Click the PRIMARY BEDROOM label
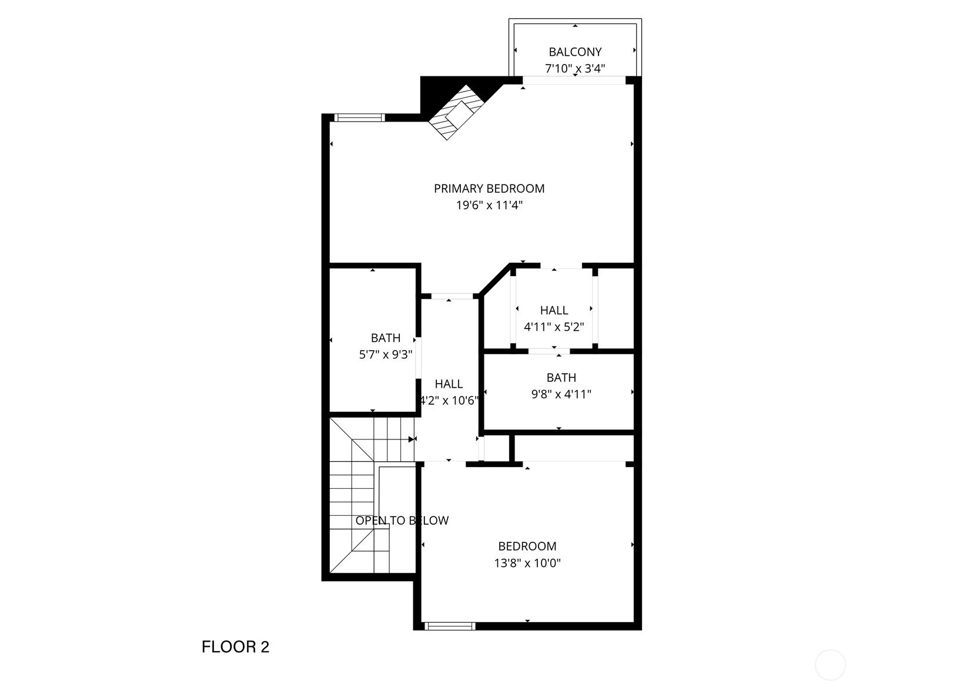[x=489, y=189]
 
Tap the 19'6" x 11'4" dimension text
[x=489, y=206]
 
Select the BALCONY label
[x=575, y=52]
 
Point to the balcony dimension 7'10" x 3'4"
[x=575, y=68]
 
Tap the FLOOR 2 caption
[x=235, y=647]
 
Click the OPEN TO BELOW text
[x=402, y=521]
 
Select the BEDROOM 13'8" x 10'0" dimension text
[x=527, y=563]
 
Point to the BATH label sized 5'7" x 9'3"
[x=386, y=338]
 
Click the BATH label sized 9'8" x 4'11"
[x=561, y=378]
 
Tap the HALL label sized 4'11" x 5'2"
[x=554, y=310]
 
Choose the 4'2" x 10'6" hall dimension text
[x=449, y=401]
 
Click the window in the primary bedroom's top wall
[x=359, y=118]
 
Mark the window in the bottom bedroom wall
[x=450, y=626]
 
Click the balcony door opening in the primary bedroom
[x=574, y=80]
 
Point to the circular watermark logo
[x=830, y=665]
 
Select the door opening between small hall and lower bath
[x=549, y=351]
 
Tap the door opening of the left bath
[x=418, y=358]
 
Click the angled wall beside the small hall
[x=495, y=279]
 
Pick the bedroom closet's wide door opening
[x=574, y=464]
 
